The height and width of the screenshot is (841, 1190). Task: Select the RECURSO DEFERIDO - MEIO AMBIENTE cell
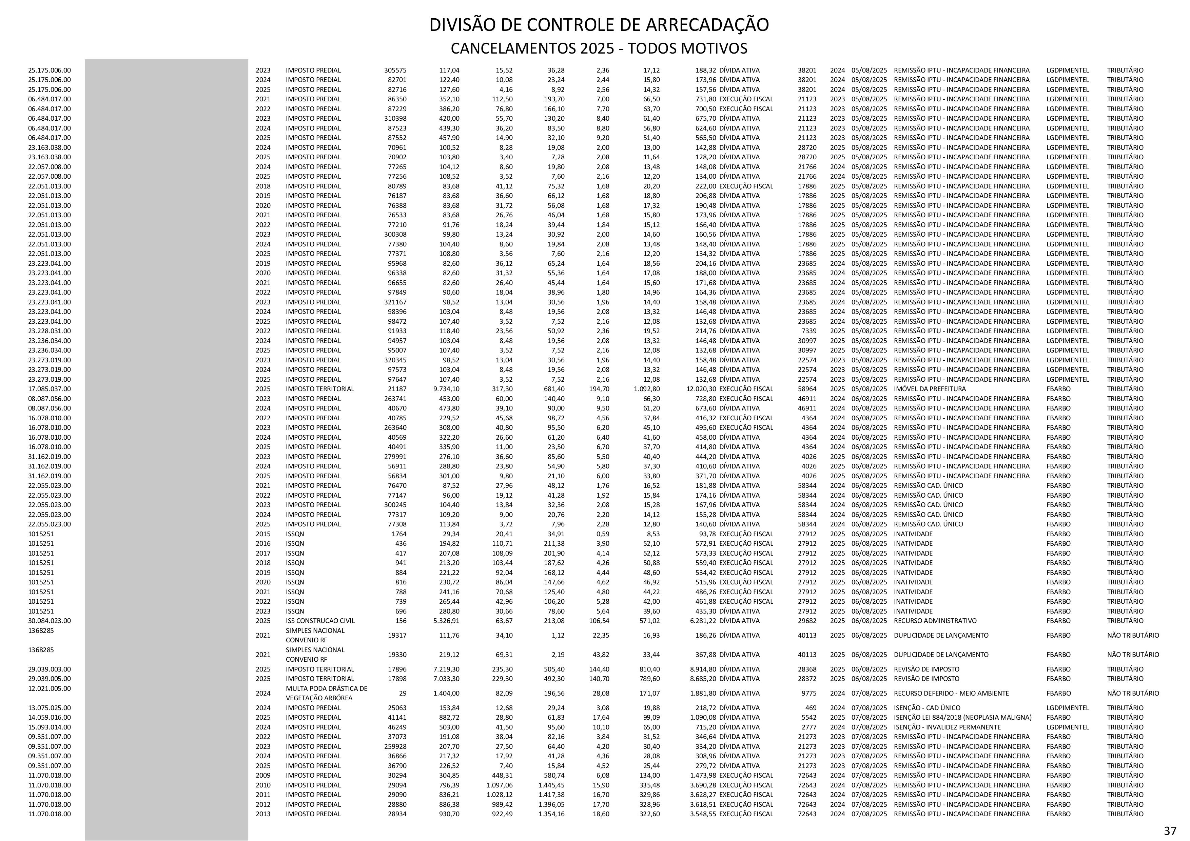tap(951, 693)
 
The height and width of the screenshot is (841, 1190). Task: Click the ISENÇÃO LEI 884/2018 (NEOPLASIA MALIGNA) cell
tap(962, 718)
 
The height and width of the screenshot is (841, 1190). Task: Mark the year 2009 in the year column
tap(263, 776)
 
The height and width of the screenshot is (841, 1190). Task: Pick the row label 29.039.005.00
tap(50, 679)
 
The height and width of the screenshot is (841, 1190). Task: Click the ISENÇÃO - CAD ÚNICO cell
tap(927, 708)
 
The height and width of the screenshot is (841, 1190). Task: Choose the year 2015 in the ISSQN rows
tap(263, 534)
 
